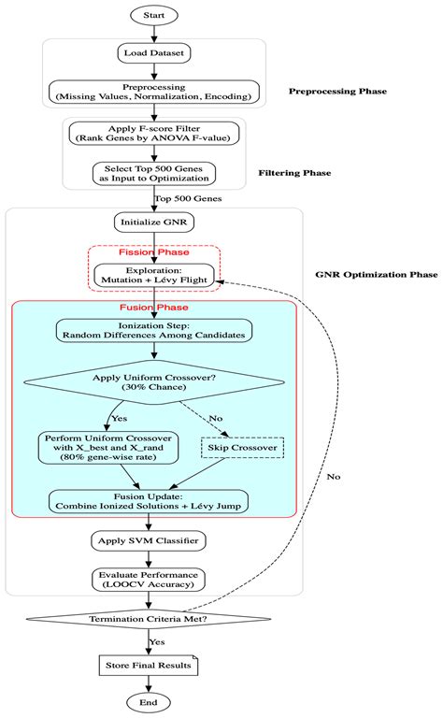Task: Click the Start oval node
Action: pos(153,15)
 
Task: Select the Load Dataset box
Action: pos(153,54)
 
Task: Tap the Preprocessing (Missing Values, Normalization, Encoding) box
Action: pos(153,91)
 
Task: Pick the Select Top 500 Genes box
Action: pos(153,173)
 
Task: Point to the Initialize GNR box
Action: pos(153,223)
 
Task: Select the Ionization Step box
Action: pos(153,330)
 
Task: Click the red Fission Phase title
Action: pos(153,251)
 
